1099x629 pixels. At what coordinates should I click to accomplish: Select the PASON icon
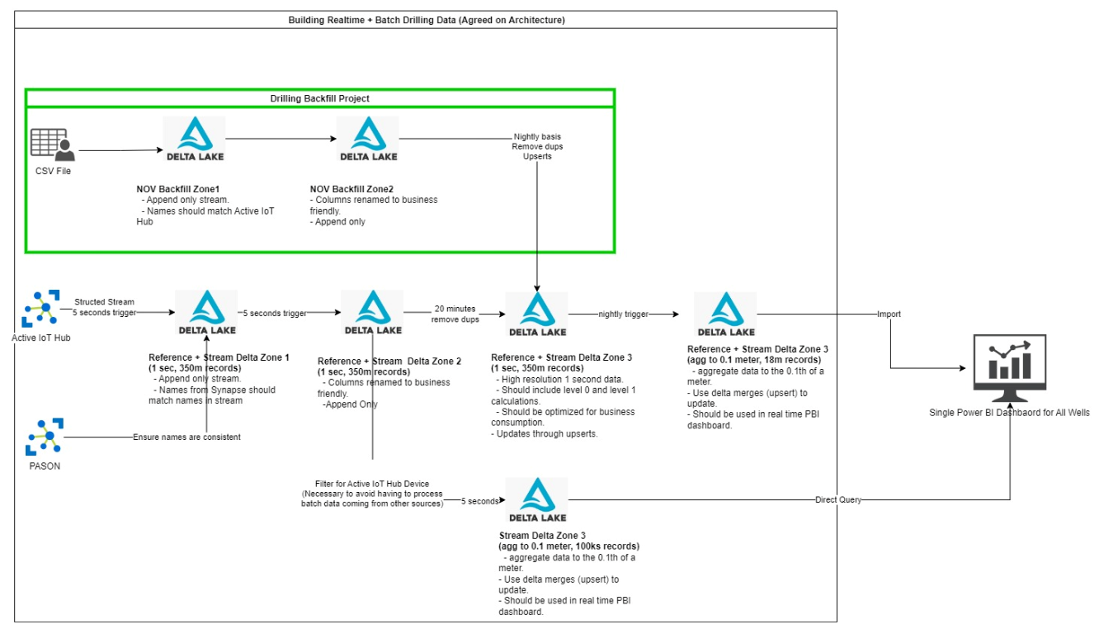pos(43,437)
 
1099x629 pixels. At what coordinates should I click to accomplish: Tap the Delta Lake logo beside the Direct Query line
pos(537,499)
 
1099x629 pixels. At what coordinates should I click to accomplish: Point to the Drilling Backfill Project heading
pos(320,98)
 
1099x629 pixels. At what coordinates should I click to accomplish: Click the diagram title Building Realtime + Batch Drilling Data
pos(427,19)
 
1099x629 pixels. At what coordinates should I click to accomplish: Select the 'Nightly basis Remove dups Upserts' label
pos(537,146)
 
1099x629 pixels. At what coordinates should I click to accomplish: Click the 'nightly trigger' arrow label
pos(624,314)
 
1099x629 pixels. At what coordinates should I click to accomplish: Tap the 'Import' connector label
pos(889,314)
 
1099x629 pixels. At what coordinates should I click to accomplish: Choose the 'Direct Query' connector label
pos(838,499)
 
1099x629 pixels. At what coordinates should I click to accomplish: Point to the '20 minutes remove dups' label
pos(455,314)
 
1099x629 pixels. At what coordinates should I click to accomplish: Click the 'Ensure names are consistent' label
pos(187,437)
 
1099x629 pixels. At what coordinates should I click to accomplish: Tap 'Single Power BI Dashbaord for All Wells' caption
pos(1009,412)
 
